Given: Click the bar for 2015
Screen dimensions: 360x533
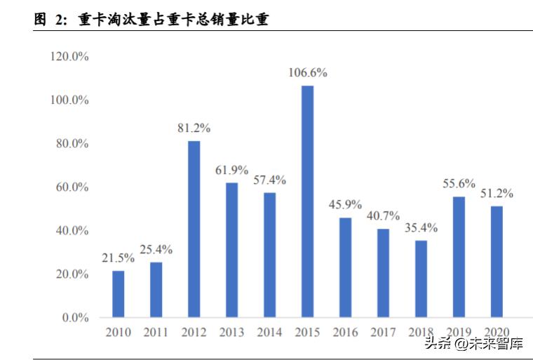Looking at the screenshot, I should point(307,201).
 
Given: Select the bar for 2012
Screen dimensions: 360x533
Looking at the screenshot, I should point(194,229).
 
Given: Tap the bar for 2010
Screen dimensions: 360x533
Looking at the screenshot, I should point(119,294).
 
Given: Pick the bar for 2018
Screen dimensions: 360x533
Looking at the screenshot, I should point(421,279).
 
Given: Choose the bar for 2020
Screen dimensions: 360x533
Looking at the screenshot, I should point(497,262).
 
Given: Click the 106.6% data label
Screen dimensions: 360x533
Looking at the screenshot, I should point(308,73).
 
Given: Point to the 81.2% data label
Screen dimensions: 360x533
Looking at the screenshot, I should point(194,128).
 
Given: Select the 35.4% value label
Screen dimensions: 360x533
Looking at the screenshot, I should point(421,227).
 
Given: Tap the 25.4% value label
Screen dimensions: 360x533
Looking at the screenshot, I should point(156,249).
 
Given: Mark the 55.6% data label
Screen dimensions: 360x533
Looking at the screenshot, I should point(459,184).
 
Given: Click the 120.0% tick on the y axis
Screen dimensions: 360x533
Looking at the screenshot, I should point(69,57).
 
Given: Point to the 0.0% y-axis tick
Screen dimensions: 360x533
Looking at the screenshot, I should point(74,318).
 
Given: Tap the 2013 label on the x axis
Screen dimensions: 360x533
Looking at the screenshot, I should point(232,333).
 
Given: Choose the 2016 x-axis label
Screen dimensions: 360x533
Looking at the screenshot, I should point(345,333).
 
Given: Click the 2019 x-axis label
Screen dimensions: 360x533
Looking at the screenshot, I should point(459,333).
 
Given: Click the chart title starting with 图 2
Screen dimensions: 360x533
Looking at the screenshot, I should point(151,20).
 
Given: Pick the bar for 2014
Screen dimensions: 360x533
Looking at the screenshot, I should point(269,255).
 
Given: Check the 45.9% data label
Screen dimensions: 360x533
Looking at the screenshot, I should point(345,205).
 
